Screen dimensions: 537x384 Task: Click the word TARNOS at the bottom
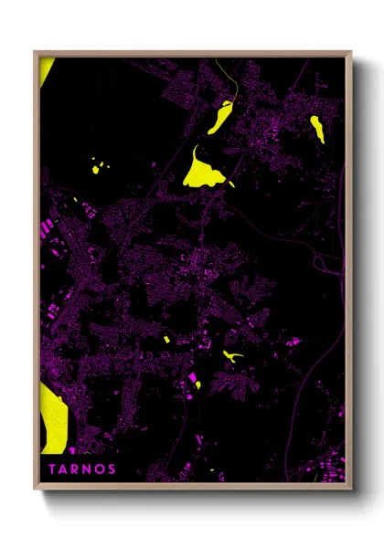click(81, 469)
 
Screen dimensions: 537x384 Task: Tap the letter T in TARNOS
click(51, 469)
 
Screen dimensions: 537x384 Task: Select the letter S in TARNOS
click(112, 469)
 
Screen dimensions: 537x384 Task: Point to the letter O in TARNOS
click(100, 469)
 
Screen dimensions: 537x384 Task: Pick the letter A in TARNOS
click(63, 469)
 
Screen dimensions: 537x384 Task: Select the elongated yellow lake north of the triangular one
click(220, 118)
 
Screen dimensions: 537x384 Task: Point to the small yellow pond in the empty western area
click(98, 167)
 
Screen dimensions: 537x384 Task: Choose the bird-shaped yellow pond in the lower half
click(232, 354)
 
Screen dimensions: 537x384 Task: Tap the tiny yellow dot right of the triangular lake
click(232, 185)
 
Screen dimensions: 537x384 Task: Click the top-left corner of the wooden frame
click(35, 52)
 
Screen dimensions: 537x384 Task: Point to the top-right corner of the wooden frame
click(351, 52)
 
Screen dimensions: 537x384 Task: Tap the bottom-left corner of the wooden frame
click(35, 487)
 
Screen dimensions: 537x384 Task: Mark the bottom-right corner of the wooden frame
click(351, 487)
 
